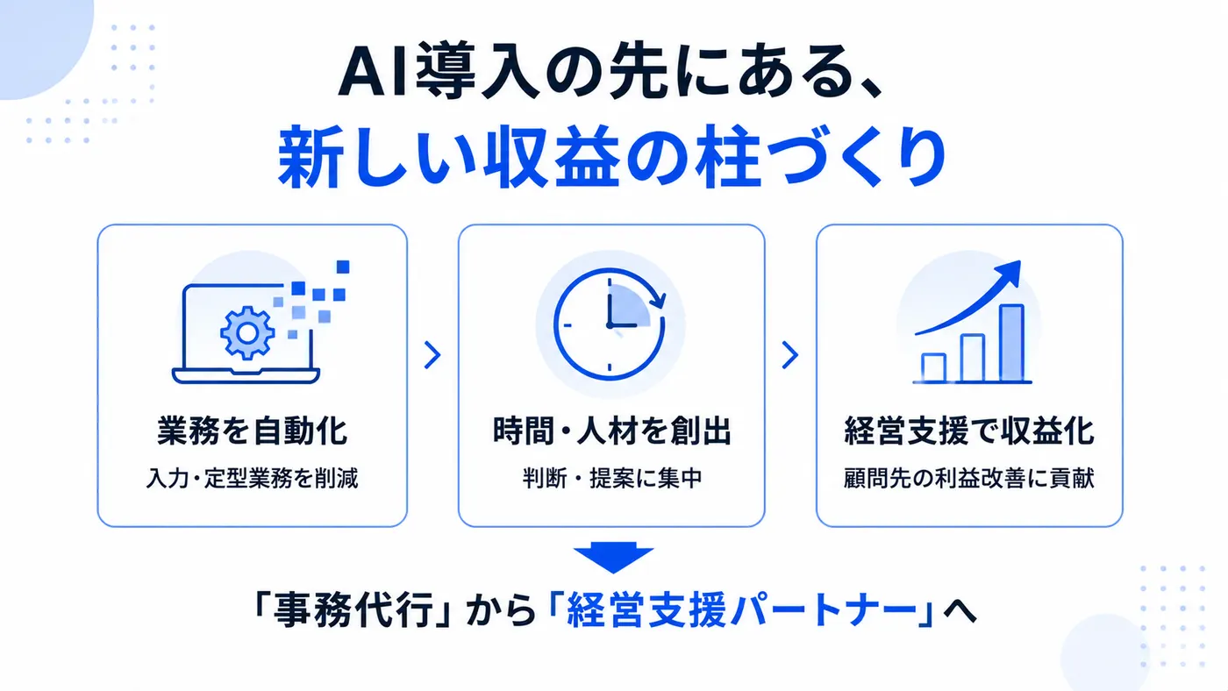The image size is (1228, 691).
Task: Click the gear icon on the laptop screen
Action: point(247,332)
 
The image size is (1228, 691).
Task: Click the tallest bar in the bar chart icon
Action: point(1011,343)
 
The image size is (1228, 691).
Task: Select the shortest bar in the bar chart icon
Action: point(933,367)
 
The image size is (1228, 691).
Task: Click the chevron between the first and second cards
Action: point(432,355)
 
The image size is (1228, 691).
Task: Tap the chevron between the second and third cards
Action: point(790,355)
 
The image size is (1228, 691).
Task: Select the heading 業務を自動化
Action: point(253,431)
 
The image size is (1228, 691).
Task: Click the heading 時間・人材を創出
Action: point(612,431)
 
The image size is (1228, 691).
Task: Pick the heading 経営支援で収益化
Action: point(969,431)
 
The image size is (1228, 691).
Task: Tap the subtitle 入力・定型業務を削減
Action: point(253,479)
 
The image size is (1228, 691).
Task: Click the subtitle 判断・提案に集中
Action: point(612,479)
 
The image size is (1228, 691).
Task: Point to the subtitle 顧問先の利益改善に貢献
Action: point(969,479)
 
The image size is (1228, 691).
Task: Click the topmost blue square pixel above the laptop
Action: point(343,267)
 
